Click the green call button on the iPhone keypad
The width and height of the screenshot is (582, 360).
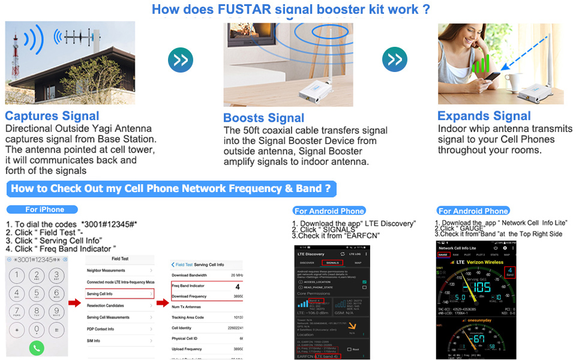point(37,347)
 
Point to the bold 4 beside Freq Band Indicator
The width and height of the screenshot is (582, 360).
point(237,287)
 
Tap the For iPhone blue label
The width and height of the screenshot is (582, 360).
point(44,209)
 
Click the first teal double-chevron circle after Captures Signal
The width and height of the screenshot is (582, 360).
point(181,60)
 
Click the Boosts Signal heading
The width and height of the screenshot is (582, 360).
point(263,118)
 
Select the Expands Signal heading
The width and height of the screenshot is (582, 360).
point(484,116)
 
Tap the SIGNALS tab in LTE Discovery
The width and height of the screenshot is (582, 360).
point(331,262)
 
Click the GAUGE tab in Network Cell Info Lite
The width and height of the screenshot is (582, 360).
point(444,254)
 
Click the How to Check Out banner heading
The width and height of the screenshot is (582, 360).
point(171,189)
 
